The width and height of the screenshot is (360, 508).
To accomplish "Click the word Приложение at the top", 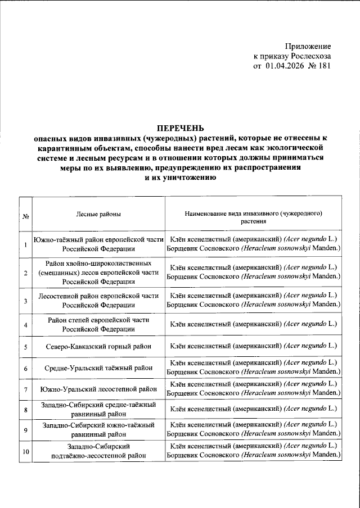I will click(x=308, y=46).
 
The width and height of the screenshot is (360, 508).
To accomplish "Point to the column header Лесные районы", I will click(x=98, y=215).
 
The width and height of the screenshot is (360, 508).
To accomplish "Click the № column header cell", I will click(x=25, y=217).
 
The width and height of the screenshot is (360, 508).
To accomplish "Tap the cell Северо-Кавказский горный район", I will click(x=98, y=346).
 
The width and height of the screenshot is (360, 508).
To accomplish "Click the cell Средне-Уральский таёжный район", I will click(x=98, y=369).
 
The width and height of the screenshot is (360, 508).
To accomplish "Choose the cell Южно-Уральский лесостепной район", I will click(x=98, y=389).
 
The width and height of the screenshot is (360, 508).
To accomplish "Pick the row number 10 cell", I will click(x=25, y=451).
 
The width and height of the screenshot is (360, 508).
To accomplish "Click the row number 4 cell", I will click(x=25, y=325).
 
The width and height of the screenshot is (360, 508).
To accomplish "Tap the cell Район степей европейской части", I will click(x=98, y=324).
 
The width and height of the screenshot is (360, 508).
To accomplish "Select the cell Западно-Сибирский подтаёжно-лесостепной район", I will click(x=98, y=451).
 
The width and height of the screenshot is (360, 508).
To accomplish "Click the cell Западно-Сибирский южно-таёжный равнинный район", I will click(x=98, y=430).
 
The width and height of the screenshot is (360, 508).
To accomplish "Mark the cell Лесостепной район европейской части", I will click(x=98, y=300).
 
